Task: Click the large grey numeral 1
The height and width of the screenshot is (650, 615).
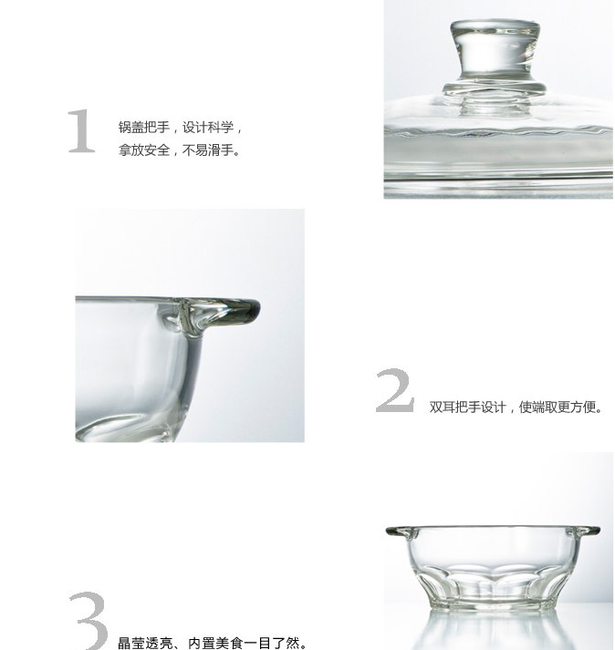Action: pyautogui.click(x=82, y=131)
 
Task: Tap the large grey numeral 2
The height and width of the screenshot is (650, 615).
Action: pyautogui.click(x=395, y=390)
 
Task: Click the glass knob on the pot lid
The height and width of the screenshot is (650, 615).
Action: pyautogui.click(x=495, y=53)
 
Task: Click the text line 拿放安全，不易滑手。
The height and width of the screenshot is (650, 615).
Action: pyautogui.click(x=179, y=150)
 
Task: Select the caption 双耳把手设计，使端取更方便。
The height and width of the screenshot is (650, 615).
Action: pyautogui.click(x=516, y=408)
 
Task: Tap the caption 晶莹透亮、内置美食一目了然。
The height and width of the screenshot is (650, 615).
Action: pyautogui.click(x=213, y=643)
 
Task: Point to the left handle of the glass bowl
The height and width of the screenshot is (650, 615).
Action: pyautogui.click(x=399, y=531)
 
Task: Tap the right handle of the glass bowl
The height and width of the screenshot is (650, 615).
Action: pyautogui.click(x=588, y=531)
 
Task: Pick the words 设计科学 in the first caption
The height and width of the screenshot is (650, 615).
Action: pyautogui.click(x=208, y=128)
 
